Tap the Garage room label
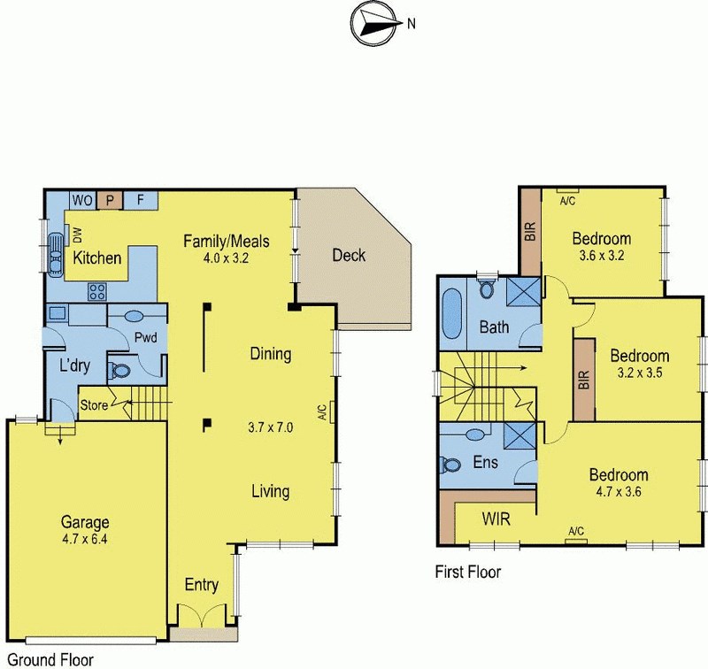coord(85,521)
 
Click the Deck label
coord(349,257)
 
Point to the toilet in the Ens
coord(450,464)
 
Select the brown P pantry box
coord(110,199)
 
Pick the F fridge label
coord(140,199)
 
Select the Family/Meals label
coord(226,241)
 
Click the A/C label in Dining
coord(323,411)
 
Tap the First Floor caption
coord(467,573)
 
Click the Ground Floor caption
coord(46,659)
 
